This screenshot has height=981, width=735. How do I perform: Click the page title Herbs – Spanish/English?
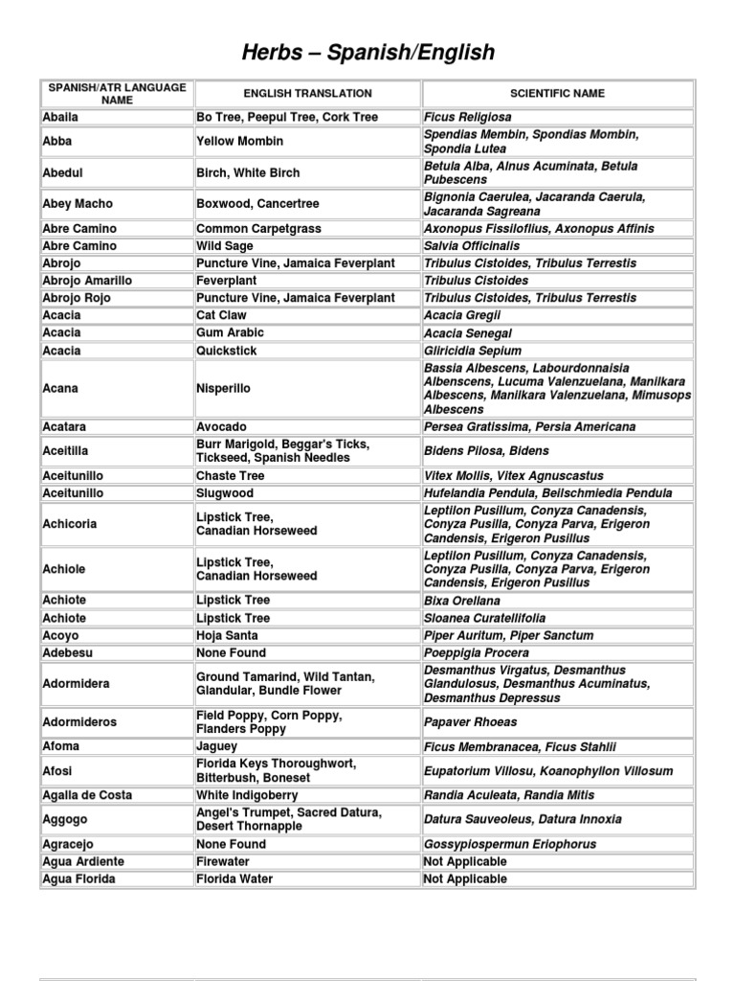367,53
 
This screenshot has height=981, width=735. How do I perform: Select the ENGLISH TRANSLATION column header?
307,94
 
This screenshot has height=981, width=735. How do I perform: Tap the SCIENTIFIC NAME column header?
557,94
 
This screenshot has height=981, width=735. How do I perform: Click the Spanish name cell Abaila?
61,117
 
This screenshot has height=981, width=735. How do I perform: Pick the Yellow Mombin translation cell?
239,142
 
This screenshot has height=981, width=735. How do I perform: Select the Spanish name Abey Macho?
78,204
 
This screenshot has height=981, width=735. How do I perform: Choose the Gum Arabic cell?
231,332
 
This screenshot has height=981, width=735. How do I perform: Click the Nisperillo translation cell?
224,390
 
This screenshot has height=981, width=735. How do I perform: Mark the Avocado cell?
221,426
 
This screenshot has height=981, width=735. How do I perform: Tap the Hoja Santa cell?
228,635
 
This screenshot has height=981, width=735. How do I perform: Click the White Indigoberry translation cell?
247,795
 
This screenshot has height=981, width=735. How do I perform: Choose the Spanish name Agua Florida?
79,878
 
